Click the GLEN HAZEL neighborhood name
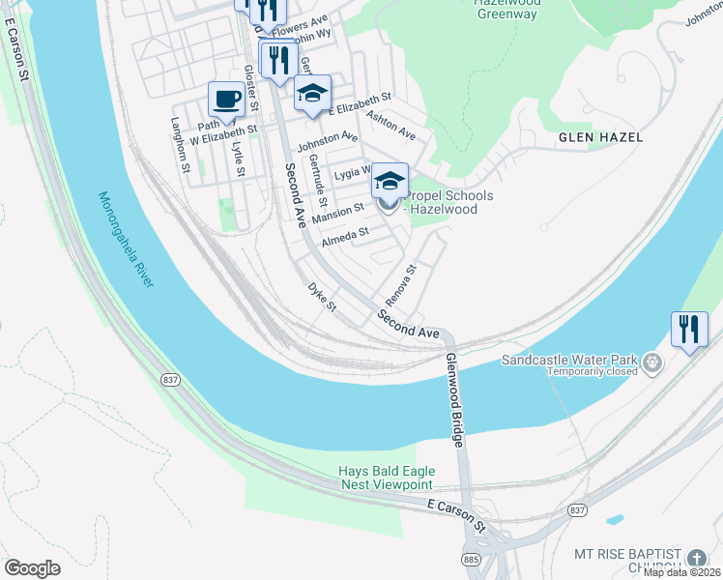click(600, 137)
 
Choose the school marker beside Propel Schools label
click(389, 181)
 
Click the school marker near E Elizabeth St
click(312, 94)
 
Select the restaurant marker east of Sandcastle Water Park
click(688, 329)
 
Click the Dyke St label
click(321, 297)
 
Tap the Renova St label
click(399, 281)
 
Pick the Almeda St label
click(345, 233)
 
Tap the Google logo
click(32, 567)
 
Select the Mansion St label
click(337, 209)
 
